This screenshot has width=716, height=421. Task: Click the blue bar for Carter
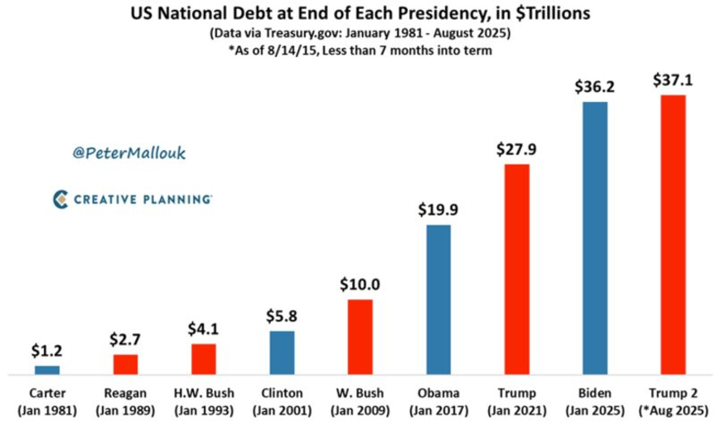46,370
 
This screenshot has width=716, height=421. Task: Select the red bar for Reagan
125,365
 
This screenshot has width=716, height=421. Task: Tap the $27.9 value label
516,149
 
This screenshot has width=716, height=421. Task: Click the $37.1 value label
673,80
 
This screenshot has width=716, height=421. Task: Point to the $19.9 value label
438,210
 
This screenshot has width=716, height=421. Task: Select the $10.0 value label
360,284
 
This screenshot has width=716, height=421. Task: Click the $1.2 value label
46,351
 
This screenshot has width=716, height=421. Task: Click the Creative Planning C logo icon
60,199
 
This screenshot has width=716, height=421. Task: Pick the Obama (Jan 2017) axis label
438,401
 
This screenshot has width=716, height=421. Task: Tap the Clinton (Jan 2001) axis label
282,401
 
